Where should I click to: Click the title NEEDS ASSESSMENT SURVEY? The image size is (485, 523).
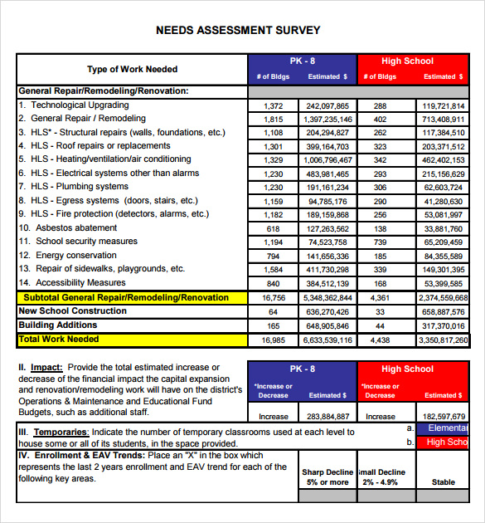pyautogui.click(x=238, y=31)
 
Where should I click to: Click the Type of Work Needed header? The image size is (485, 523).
pyautogui.click(x=133, y=69)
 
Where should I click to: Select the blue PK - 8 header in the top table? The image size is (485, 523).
pyautogui.click(x=302, y=61)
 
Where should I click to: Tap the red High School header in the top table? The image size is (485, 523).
pyautogui.click(x=407, y=61)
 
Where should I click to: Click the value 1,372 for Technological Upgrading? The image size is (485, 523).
pyautogui.click(x=274, y=106)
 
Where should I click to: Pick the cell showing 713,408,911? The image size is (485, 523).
pyautogui.click(x=443, y=120)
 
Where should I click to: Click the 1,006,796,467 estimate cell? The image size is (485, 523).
pyautogui.click(x=327, y=160)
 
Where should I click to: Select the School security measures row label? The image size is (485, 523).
pyautogui.click(x=86, y=242)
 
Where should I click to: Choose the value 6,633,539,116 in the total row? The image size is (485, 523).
pyautogui.click(x=327, y=340)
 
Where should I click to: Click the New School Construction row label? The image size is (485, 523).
pyautogui.click(x=73, y=311)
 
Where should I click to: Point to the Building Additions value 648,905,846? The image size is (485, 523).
pyautogui.click(x=327, y=326)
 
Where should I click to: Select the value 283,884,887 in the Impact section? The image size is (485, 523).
pyautogui.click(x=327, y=417)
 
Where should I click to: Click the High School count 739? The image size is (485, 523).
pyautogui.click(x=380, y=242)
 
